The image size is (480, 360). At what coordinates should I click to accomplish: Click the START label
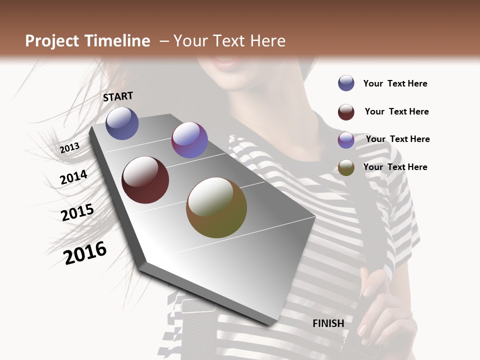click(118, 96)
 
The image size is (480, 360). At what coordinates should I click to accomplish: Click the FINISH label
click(328, 323)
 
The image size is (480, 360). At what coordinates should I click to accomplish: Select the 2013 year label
click(69, 148)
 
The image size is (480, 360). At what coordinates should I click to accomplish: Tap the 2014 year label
click(73, 177)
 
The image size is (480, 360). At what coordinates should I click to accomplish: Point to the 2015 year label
click(77, 212)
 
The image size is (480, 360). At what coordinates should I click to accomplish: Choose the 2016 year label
click(85, 252)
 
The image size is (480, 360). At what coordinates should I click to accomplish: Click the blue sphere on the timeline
click(122, 123)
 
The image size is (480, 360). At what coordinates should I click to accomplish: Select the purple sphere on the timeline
click(189, 140)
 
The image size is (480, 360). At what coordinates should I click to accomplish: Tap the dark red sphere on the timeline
click(145, 180)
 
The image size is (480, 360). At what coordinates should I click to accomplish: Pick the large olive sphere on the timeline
click(216, 207)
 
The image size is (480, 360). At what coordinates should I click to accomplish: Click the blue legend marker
click(346, 83)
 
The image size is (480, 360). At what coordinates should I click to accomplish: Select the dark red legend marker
click(346, 112)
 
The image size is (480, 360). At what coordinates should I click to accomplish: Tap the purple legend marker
click(346, 140)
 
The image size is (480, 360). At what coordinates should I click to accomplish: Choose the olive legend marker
click(346, 168)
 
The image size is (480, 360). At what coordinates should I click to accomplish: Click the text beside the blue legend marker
click(395, 84)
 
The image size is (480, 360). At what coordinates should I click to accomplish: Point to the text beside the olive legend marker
click(395, 167)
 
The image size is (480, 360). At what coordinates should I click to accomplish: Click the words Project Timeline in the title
click(87, 41)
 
